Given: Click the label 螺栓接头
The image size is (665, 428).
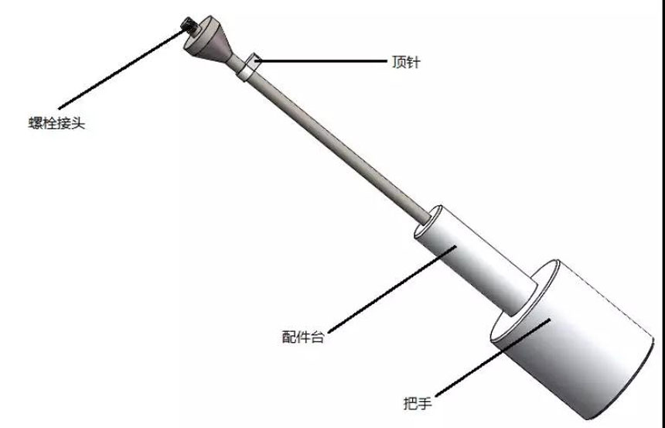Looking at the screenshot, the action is tap(56, 123).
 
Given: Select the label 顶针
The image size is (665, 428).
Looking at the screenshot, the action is tap(406, 62).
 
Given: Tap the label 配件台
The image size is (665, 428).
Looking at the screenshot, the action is tap(303, 337).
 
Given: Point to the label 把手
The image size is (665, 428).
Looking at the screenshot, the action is tap(418, 402).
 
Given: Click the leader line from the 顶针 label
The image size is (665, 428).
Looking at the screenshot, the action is tap(321, 61).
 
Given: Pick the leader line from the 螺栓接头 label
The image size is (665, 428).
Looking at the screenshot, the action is tap(123, 69).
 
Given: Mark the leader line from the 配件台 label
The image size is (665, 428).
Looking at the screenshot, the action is tap(392, 289).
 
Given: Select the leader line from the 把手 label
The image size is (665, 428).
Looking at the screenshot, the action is tap(493, 358).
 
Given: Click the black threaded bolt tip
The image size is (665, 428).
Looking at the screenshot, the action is tap(189, 25).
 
